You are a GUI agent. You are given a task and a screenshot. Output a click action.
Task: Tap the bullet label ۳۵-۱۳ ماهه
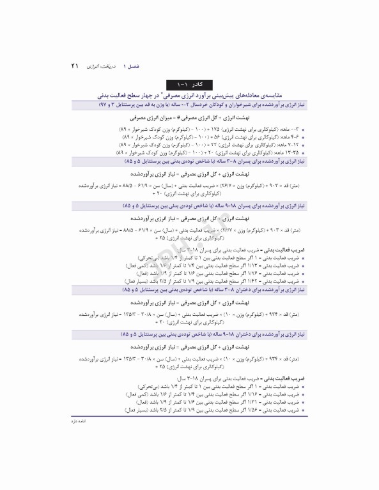click(285, 153)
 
